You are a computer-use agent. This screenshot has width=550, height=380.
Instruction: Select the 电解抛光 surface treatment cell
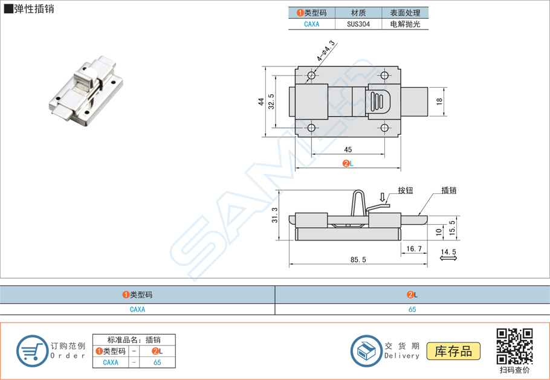[x=405, y=25]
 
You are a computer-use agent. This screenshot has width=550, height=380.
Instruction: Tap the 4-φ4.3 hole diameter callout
[x=326, y=51]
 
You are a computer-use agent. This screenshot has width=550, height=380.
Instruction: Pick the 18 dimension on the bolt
[x=439, y=101]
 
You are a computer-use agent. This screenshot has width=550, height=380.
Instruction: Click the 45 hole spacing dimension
[x=348, y=150]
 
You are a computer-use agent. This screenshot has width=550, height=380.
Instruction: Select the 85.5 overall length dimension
[x=358, y=260]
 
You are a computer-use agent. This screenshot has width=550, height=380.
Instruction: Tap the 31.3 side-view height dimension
[x=276, y=215]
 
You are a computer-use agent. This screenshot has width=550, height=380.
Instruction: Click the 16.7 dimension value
[x=414, y=248]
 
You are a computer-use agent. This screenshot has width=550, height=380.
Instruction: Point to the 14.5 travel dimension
[x=448, y=251]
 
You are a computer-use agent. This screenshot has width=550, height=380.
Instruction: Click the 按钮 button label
[x=405, y=190]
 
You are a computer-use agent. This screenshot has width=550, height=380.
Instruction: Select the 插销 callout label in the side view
[x=448, y=190]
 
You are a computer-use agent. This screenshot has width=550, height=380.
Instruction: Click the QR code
[x=514, y=346]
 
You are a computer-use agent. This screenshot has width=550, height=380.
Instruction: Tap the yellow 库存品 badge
[x=453, y=351]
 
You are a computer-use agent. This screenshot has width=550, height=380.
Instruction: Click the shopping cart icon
[x=31, y=350]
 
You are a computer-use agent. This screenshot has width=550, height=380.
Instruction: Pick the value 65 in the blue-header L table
[x=412, y=309]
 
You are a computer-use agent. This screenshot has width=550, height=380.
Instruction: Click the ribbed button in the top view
[x=379, y=102]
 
